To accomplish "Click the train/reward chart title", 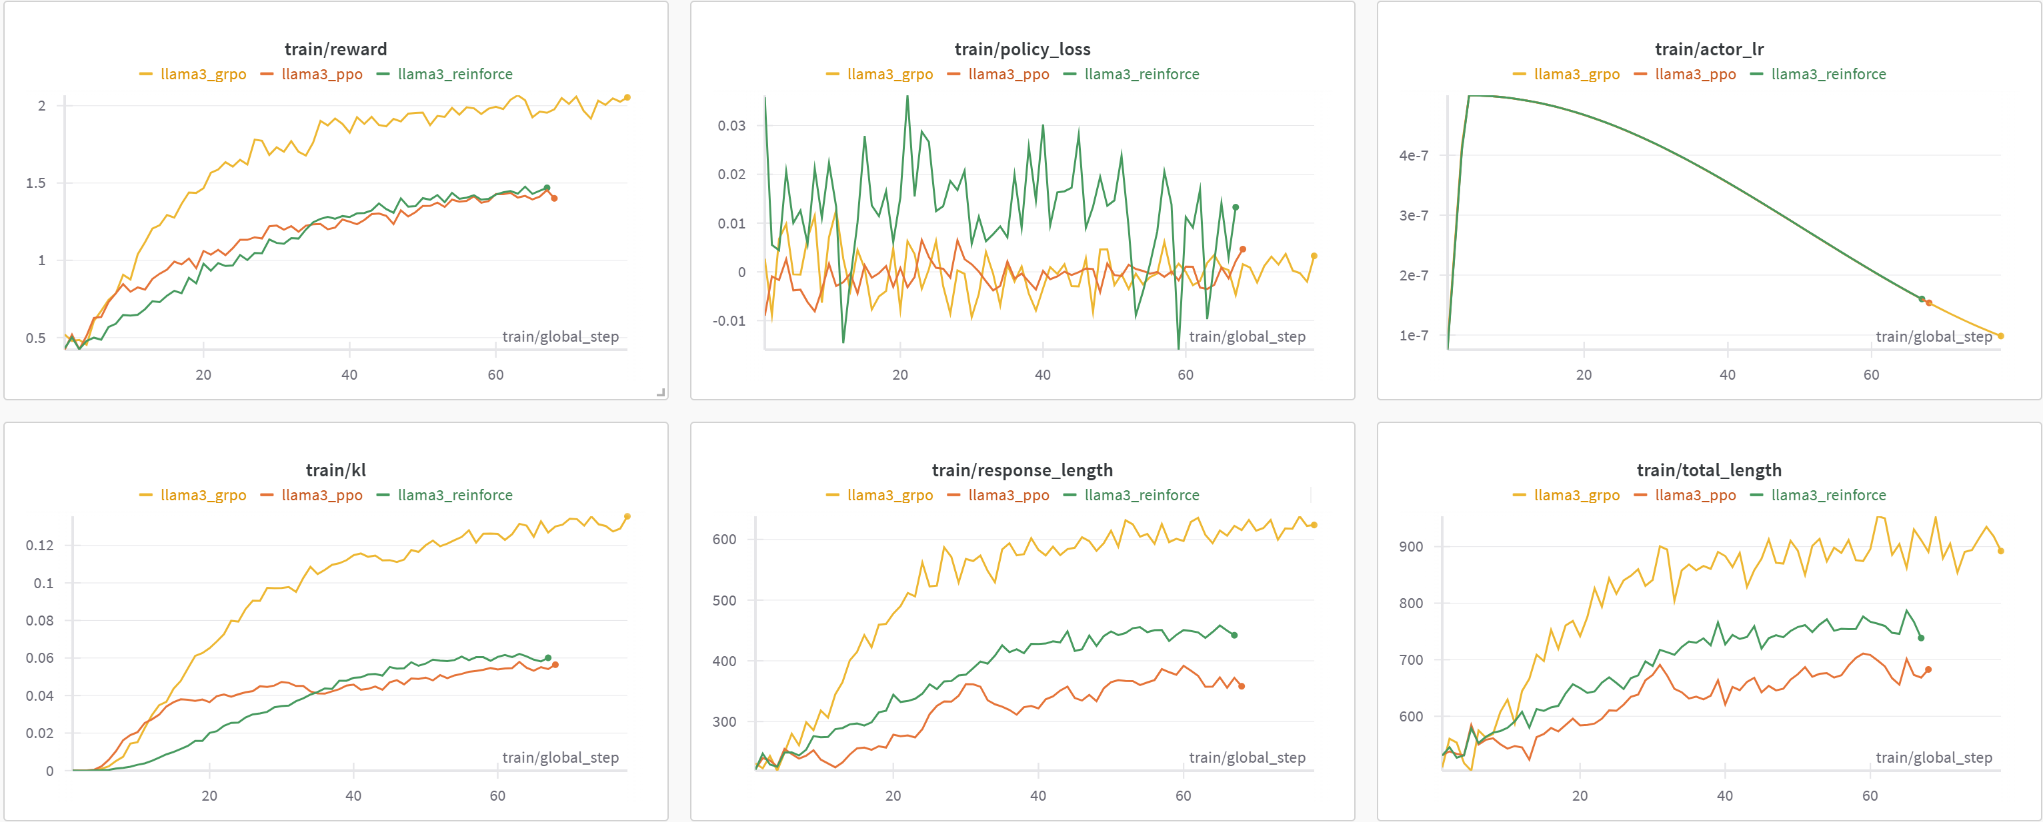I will pyautogui.click(x=335, y=49).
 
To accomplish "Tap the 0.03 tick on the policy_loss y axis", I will pyautogui.click(x=731, y=125).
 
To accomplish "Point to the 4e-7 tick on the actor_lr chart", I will pyautogui.click(x=1414, y=155).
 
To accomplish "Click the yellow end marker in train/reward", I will pyautogui.click(x=627, y=97).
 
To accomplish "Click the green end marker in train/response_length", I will pyautogui.click(x=1234, y=635).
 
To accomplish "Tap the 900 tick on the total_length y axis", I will pyautogui.click(x=1411, y=546).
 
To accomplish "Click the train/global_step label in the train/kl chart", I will pyautogui.click(x=560, y=757).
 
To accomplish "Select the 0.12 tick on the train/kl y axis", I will pyautogui.click(x=39, y=545).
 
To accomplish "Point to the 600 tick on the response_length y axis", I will pyautogui.click(x=724, y=539).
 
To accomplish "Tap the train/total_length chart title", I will pyautogui.click(x=1709, y=470).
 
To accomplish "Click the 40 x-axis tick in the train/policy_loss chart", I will pyautogui.click(x=1042, y=374).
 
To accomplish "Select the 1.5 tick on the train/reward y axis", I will pyautogui.click(x=36, y=183).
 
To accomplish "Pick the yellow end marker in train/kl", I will pyautogui.click(x=627, y=516).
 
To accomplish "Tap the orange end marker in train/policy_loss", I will pyautogui.click(x=1243, y=249).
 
